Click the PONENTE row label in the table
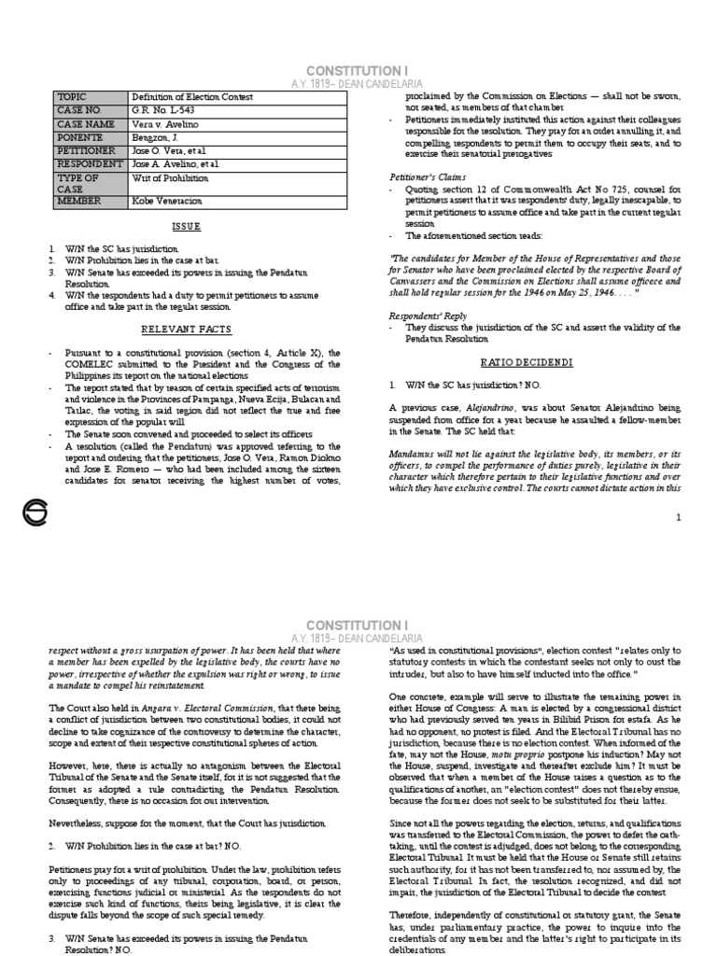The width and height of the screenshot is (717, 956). coord(81,136)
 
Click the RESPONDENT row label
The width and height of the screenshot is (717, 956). coord(91,163)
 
